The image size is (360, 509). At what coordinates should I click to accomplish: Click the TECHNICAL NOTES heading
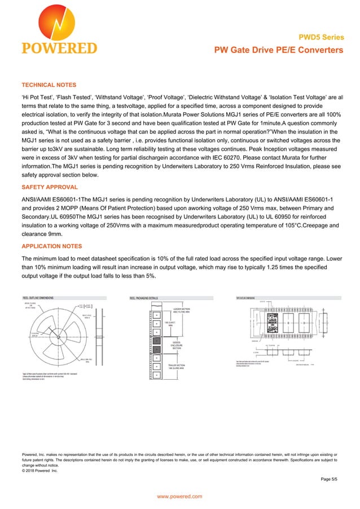coord(49,85)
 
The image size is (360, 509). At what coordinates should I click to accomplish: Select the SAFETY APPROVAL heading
coord(50,187)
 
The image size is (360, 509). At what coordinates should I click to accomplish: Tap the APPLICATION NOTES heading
coord(51,246)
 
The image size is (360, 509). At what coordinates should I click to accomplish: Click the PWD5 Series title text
coord(324,38)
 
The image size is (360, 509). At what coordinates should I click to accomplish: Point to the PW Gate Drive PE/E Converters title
coord(278,50)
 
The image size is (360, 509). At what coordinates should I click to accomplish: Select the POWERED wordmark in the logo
coord(59,48)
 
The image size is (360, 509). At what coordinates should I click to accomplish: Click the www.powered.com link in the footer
coord(179,496)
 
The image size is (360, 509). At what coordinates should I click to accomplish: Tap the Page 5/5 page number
coord(328,479)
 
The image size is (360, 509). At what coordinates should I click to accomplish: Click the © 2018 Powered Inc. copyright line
coord(39,470)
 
